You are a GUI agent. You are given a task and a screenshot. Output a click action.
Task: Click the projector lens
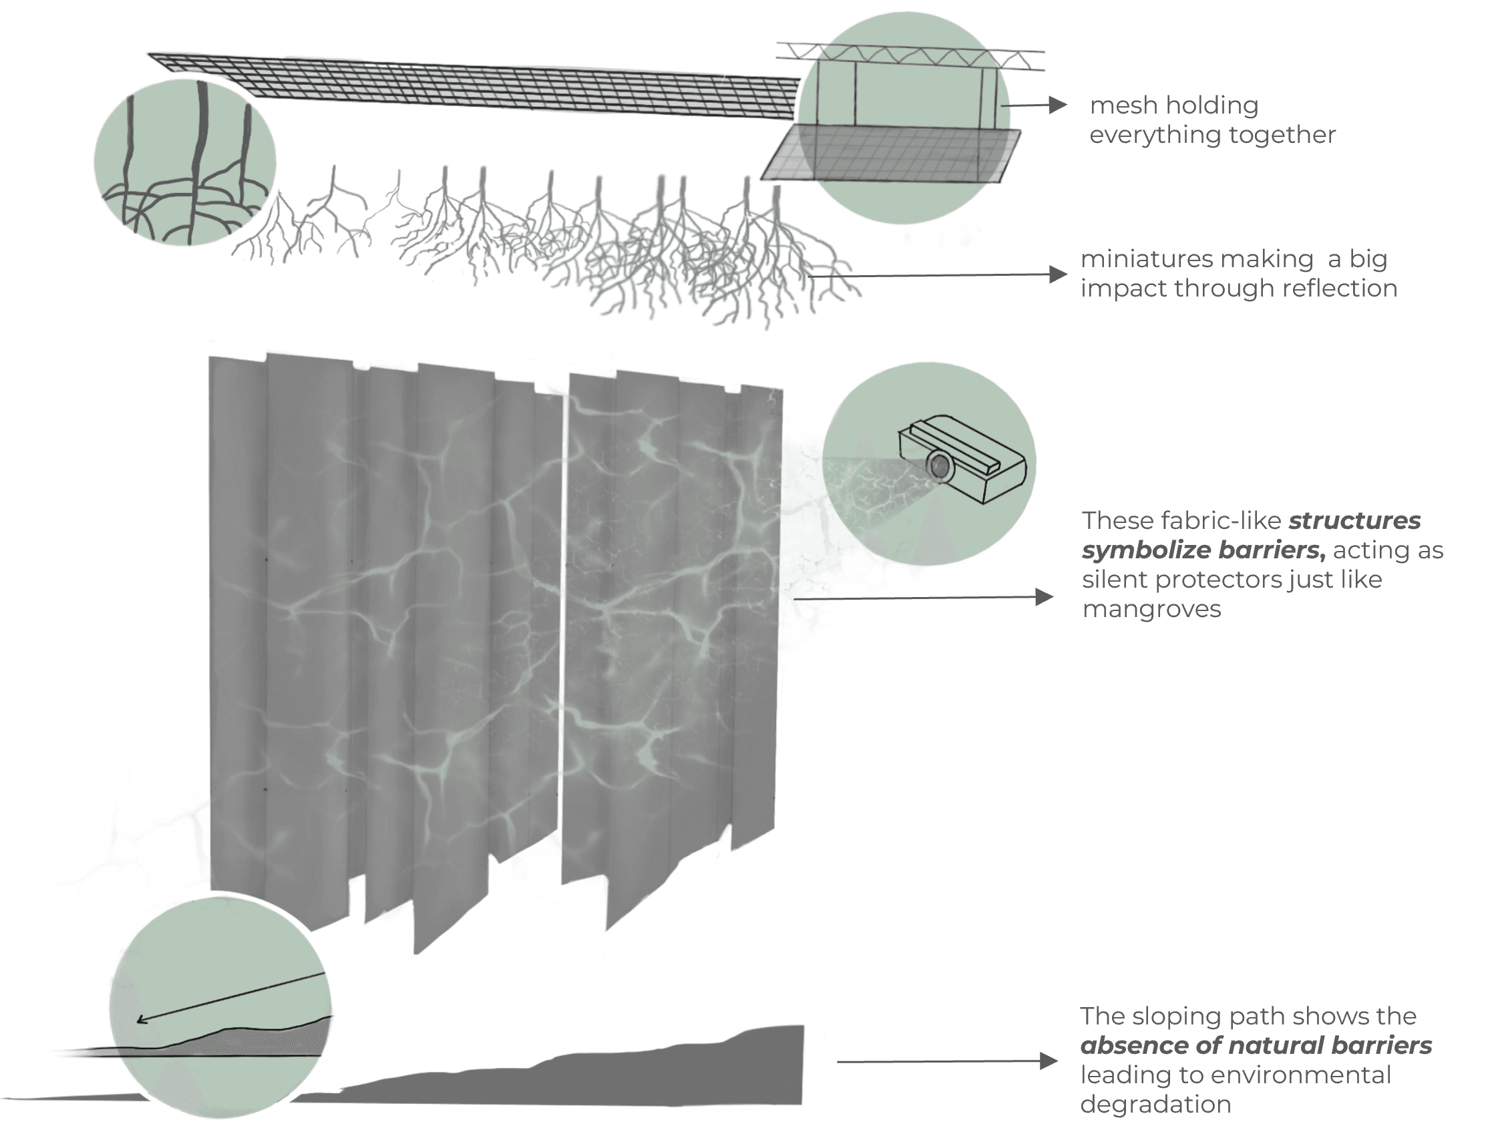coord(940,466)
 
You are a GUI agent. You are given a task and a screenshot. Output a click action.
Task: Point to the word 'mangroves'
coord(1151,609)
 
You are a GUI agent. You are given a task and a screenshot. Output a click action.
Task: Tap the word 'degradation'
coord(1155,1105)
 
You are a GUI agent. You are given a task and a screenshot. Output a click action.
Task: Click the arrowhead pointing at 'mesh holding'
coord(1057,105)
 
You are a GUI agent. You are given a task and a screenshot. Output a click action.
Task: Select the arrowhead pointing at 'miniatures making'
coord(1057,274)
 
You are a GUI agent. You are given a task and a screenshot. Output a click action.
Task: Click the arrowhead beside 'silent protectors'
coord(1044,598)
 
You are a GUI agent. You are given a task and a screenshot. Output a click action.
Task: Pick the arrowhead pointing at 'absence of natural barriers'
coord(1049,1061)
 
